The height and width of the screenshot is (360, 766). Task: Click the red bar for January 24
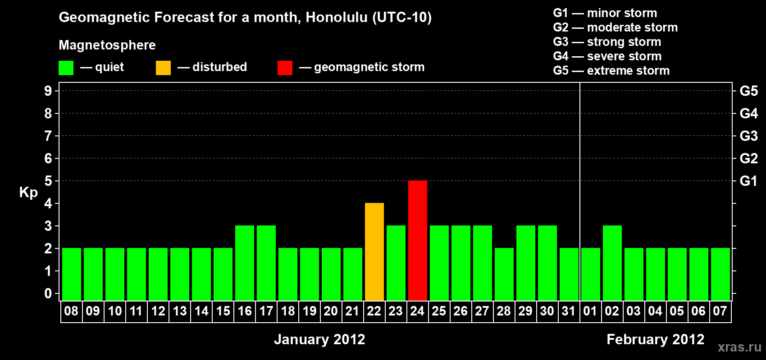[418, 240]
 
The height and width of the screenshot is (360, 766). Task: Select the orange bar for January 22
[374, 252]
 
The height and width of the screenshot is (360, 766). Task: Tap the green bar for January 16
[245, 263]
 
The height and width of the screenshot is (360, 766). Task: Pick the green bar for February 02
[612, 263]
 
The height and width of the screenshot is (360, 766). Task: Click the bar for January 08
[72, 274]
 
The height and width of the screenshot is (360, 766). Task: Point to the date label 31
[568, 311]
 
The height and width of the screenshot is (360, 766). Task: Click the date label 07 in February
[720, 311]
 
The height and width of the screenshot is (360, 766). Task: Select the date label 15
[223, 311]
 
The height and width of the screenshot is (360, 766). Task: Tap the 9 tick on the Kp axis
[48, 91]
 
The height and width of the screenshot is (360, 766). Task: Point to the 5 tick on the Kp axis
[48, 181]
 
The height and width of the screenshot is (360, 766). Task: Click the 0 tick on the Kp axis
[48, 293]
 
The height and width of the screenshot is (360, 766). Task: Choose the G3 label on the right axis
[749, 136]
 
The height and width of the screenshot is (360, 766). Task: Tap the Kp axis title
[28, 193]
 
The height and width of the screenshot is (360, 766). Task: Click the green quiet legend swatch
[66, 67]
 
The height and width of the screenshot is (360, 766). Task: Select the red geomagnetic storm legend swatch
[285, 67]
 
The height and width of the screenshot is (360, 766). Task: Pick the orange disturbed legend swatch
[163, 67]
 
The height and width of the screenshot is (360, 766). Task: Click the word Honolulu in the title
[337, 17]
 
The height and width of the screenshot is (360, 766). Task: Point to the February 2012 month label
[656, 339]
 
